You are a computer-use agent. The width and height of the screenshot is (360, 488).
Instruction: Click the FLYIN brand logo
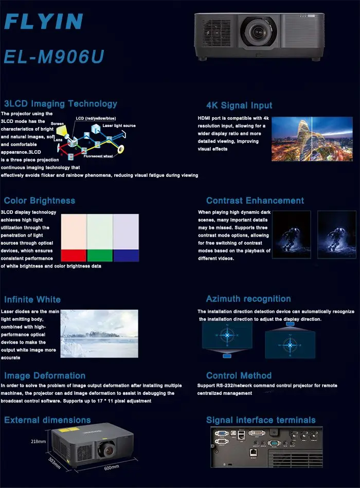[x=43, y=21]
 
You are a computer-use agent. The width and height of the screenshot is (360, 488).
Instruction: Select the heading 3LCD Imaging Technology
[x=61, y=103]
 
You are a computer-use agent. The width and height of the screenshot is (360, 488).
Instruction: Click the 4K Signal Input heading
[x=239, y=105]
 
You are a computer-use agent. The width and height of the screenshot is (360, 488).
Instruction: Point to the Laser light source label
[x=119, y=125]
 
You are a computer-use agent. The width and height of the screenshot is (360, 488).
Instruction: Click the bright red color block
[x=74, y=255]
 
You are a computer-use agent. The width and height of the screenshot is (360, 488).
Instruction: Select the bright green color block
[x=100, y=255]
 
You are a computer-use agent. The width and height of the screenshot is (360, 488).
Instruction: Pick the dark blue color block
[x=126, y=255]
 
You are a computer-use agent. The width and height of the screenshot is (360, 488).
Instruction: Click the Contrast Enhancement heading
[x=255, y=201]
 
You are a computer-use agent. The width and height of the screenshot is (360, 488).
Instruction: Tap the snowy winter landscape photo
[x=99, y=333]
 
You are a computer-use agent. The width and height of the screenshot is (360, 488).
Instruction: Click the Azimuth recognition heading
[x=248, y=299]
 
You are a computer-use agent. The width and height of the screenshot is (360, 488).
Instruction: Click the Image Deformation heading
[x=45, y=375]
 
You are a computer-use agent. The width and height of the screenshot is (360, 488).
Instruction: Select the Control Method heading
[x=239, y=375]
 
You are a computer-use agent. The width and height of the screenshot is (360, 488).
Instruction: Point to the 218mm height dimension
[x=38, y=442]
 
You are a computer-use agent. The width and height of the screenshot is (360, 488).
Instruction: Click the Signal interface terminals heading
[x=261, y=420]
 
